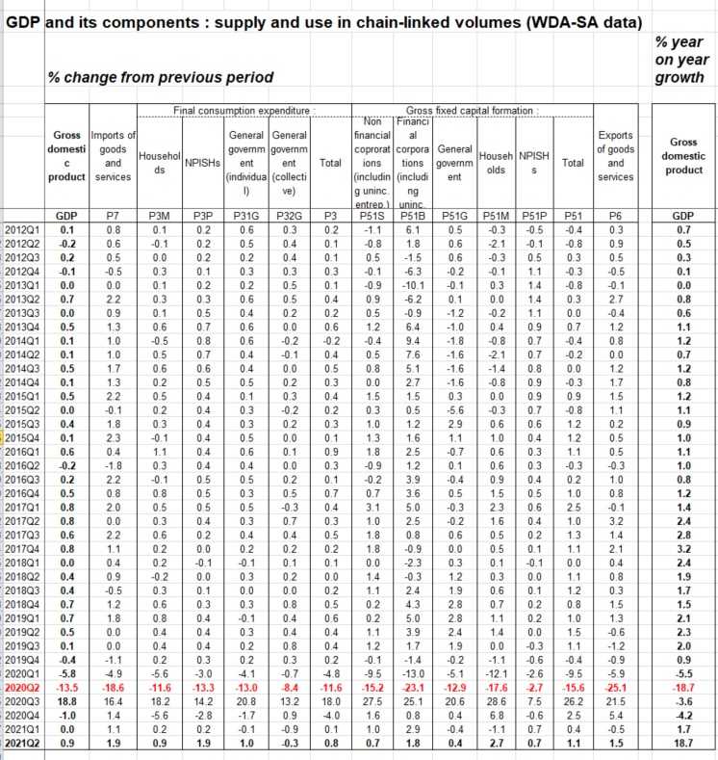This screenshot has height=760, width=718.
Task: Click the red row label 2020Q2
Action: [24, 690]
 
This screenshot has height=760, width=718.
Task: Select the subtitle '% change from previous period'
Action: [160, 77]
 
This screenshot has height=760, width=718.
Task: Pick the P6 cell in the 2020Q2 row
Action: [616, 690]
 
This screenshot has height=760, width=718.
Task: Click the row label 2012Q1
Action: [24, 231]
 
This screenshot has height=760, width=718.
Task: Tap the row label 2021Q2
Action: [24, 744]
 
